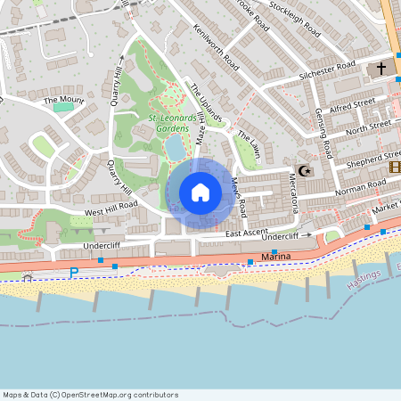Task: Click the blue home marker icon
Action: coord(200,192)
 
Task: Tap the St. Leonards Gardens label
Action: coord(166,123)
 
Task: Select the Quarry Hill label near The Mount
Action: coord(116,87)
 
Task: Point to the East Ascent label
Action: coord(247,233)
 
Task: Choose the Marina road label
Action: coord(275,257)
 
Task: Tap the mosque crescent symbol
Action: coord(305,169)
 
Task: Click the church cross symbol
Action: coord(381,68)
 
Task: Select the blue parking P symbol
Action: coord(74,273)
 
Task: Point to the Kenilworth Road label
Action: coord(216,47)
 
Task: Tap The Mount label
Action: coord(62,100)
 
